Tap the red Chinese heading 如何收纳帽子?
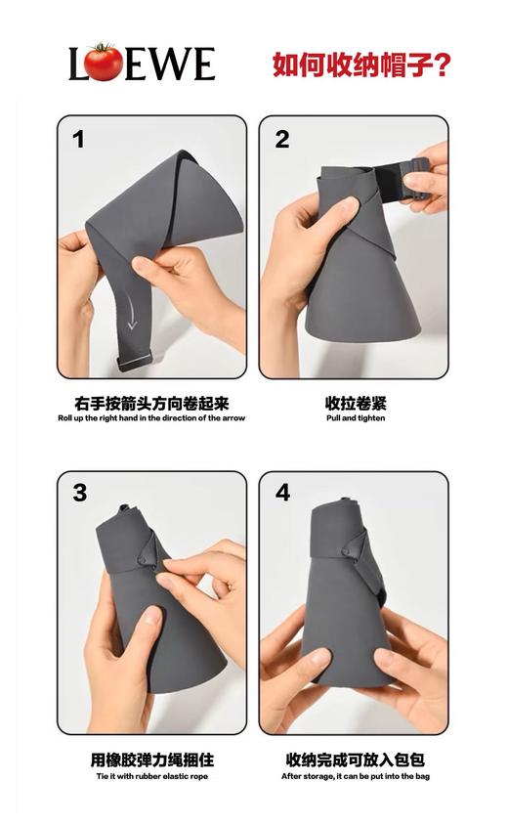[x=360, y=65]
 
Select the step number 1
[x=79, y=140]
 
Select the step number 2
[x=282, y=140]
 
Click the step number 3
[x=80, y=494]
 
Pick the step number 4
[x=282, y=493]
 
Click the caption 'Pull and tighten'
[x=356, y=418]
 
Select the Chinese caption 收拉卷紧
[x=356, y=402]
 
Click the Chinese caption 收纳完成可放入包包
[x=356, y=760]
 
